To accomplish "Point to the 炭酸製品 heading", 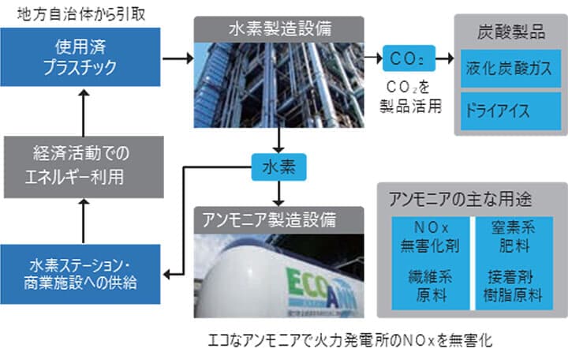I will coord(511,34).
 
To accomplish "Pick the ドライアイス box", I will coord(511,107).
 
